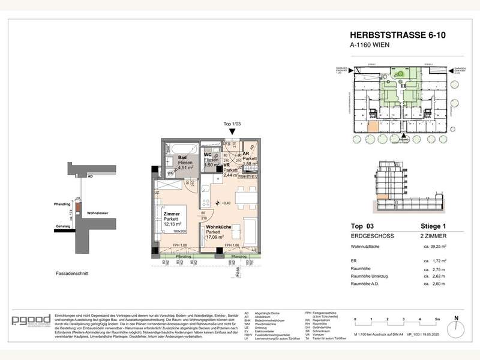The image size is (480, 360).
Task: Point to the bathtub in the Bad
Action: tap(181, 148)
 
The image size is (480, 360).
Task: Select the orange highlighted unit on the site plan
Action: tap(373, 126)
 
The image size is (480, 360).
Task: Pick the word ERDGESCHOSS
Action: tap(368, 236)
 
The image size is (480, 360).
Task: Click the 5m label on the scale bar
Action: tap(438, 319)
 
